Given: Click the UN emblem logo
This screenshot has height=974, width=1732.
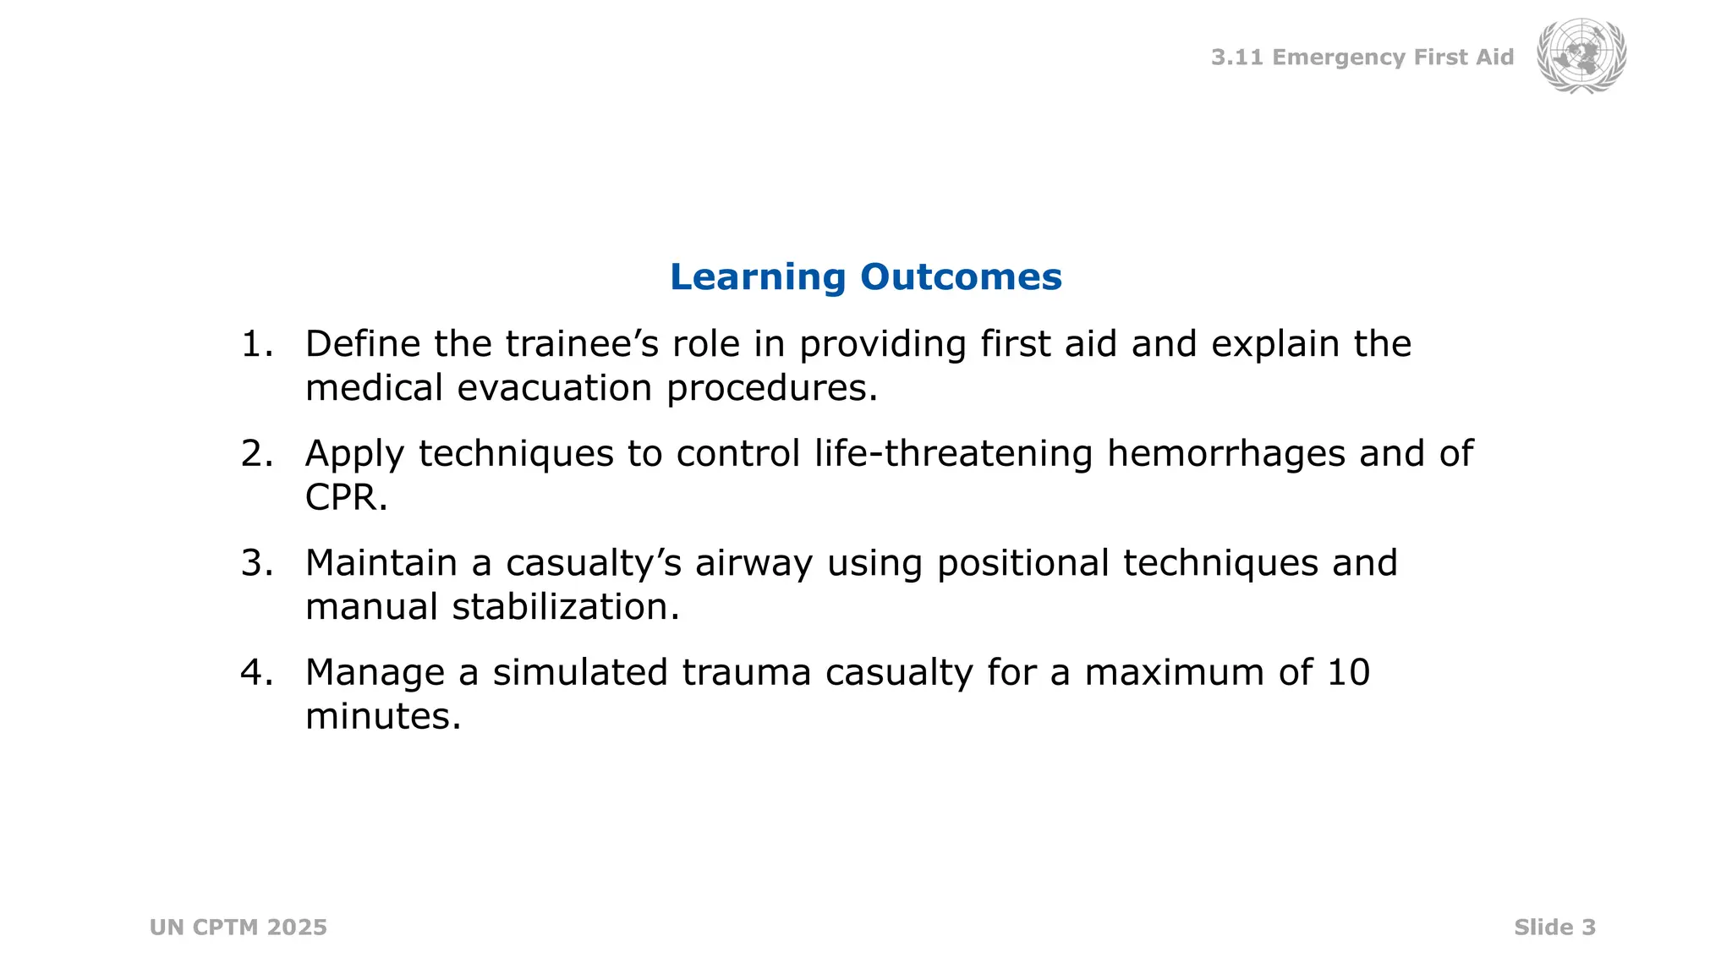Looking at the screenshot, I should coord(1581,56).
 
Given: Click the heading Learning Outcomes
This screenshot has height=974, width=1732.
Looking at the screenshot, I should coord(865,277).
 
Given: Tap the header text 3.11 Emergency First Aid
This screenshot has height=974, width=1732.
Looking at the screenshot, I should coord(1362,57).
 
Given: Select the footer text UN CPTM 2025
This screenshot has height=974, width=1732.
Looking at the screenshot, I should coord(238,927).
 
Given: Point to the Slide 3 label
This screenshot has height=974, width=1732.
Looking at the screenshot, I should coord(1554,927).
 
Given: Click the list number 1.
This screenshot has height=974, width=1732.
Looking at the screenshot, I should coord(256,344).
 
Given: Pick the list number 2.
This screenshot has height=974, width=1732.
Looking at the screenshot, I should coord(256,454).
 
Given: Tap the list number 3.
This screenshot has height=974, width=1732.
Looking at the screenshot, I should coord(256,563).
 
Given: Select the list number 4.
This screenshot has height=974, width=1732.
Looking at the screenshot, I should coord(256,673).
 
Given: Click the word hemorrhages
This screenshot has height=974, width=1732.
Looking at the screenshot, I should coord(1225,454).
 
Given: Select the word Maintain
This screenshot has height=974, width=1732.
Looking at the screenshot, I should coord(381,563).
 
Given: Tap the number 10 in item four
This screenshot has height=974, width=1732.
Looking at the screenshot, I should coord(1348,673).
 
